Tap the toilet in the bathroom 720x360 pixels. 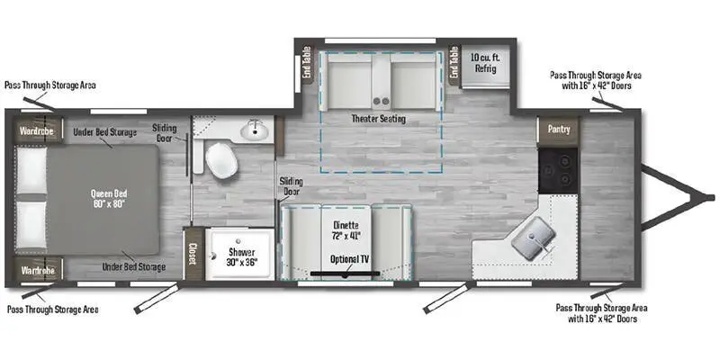pyautogui.click(x=220, y=160)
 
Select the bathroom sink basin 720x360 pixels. pyautogui.click(x=256, y=131)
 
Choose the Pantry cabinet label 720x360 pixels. pyautogui.click(x=558, y=130)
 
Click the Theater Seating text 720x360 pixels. pyautogui.click(x=378, y=119)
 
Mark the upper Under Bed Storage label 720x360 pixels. pyautogui.click(x=105, y=132)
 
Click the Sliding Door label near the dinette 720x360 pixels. pyautogui.click(x=291, y=186)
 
